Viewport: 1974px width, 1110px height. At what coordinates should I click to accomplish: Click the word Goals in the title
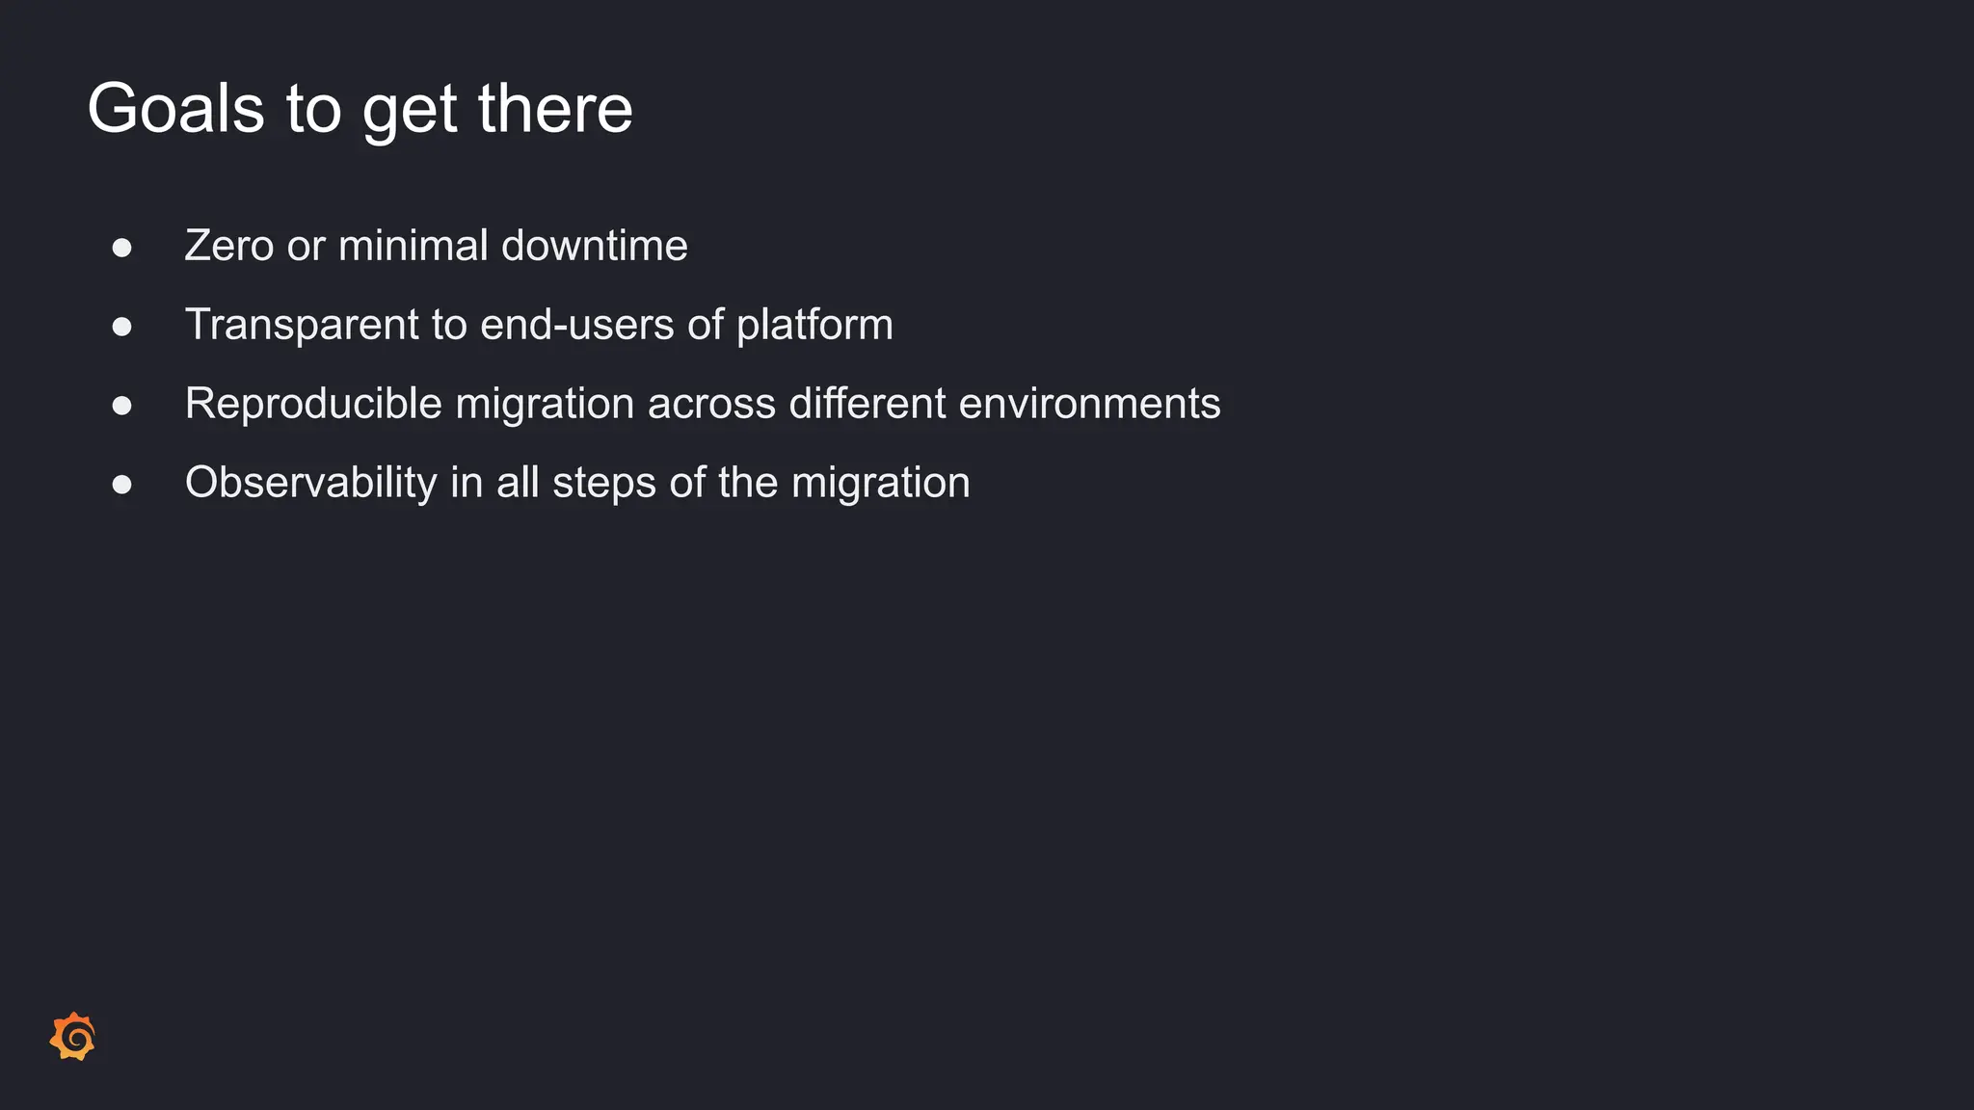coord(175,108)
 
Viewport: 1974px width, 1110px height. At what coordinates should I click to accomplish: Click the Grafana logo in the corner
coord(73,1037)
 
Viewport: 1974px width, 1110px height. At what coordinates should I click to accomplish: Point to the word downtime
coord(595,246)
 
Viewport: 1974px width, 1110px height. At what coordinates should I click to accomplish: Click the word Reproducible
coord(313,404)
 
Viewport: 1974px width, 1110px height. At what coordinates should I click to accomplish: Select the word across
coord(711,404)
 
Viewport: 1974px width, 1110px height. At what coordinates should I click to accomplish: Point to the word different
coord(867,404)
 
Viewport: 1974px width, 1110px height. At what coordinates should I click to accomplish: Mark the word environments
coord(1089,404)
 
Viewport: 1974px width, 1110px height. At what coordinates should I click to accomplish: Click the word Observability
coord(310,483)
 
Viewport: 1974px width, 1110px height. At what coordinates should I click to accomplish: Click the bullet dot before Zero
coord(121,248)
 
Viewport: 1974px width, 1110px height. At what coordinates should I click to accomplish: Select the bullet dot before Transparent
coord(121,327)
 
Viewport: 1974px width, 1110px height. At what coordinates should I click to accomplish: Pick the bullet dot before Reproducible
coord(121,406)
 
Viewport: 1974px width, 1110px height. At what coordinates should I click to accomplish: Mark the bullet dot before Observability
coord(121,485)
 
